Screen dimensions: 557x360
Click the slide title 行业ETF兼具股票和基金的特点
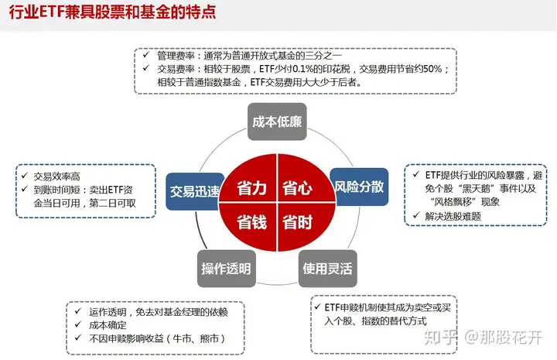(112, 12)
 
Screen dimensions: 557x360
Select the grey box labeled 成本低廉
(277, 122)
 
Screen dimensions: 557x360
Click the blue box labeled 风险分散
(360, 187)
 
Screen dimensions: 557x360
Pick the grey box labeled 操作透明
(226, 269)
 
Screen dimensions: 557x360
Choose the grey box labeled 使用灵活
(327, 269)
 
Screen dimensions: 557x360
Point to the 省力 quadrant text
(251, 187)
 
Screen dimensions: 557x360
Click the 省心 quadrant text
(298, 187)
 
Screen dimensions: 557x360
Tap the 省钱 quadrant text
(251, 222)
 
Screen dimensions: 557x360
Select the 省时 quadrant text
(298, 222)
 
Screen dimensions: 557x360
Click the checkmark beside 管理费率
(146, 55)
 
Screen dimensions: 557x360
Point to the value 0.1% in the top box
(304, 69)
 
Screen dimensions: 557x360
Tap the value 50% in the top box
(432, 69)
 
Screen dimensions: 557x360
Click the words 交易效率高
(56, 177)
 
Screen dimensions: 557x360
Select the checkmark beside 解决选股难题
(416, 215)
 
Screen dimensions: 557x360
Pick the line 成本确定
(108, 325)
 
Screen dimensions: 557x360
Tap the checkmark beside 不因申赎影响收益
(78, 338)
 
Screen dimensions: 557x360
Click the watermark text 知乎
(440, 337)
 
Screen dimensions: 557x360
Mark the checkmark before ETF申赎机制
(318, 307)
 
